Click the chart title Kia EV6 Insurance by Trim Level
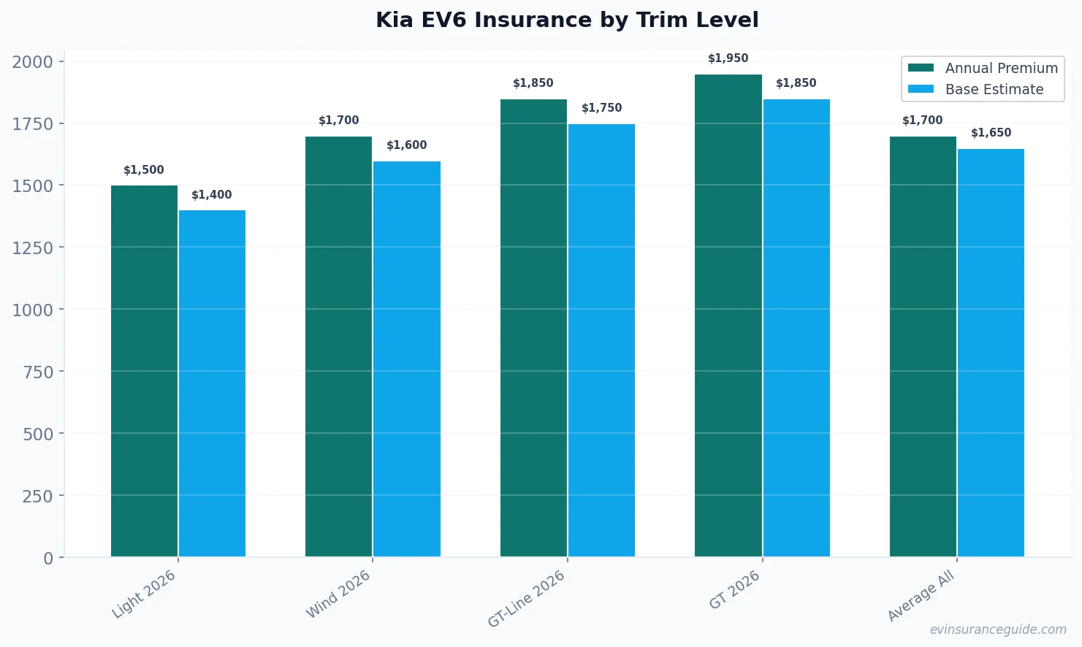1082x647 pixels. coord(567,20)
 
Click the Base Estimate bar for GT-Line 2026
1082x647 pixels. coord(601,340)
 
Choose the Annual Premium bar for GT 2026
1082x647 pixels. coord(728,315)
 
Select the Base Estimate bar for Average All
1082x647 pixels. coord(991,353)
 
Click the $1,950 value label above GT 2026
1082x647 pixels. coord(728,58)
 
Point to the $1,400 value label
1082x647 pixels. coord(212,195)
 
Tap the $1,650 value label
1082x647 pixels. coord(991,133)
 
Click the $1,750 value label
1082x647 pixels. coord(601,108)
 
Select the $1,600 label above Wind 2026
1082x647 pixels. coord(407,145)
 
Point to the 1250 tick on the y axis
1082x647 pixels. coord(33,248)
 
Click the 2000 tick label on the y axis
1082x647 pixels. coord(33,62)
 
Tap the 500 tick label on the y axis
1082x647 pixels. coord(38,434)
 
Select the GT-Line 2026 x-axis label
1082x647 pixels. coord(527,598)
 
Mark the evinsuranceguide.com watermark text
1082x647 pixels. coord(998,629)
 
